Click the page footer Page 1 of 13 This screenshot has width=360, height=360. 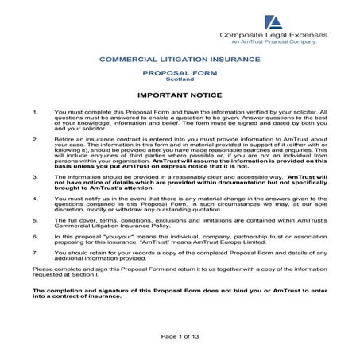click(180, 337)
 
